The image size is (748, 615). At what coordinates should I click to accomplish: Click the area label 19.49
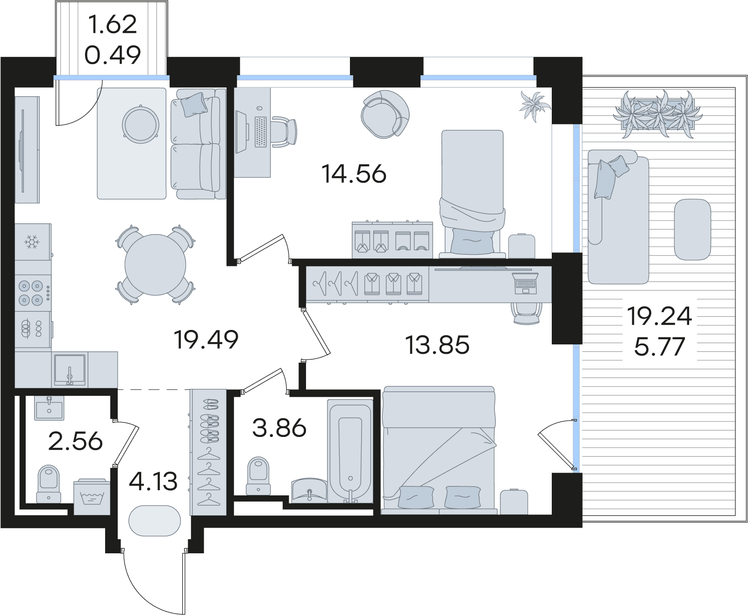pyautogui.click(x=206, y=340)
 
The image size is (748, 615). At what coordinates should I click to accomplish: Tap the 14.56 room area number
pyautogui.click(x=354, y=174)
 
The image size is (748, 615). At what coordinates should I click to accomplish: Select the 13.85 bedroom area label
pyautogui.click(x=437, y=345)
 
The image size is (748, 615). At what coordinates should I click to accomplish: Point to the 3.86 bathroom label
pyautogui.click(x=279, y=428)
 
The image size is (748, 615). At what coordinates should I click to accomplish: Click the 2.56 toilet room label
pyautogui.click(x=75, y=442)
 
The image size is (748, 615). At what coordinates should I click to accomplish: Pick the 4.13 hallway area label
pyautogui.click(x=153, y=481)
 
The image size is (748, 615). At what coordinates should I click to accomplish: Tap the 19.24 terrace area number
pyautogui.click(x=659, y=316)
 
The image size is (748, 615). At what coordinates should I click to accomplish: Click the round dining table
pyautogui.click(x=155, y=265)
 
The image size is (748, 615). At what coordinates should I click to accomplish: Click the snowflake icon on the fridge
pyautogui.click(x=32, y=242)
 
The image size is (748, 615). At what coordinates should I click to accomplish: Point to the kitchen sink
pyautogui.click(x=70, y=369)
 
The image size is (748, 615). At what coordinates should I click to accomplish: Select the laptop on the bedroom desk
pyautogui.click(x=525, y=283)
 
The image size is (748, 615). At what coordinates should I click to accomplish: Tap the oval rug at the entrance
pyautogui.click(x=155, y=521)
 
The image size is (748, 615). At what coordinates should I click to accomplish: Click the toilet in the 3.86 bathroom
pyautogui.click(x=258, y=476)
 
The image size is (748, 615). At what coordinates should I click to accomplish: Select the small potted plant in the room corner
pyautogui.click(x=535, y=106)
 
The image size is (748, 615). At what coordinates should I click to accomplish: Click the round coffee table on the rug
pyautogui.click(x=141, y=125)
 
